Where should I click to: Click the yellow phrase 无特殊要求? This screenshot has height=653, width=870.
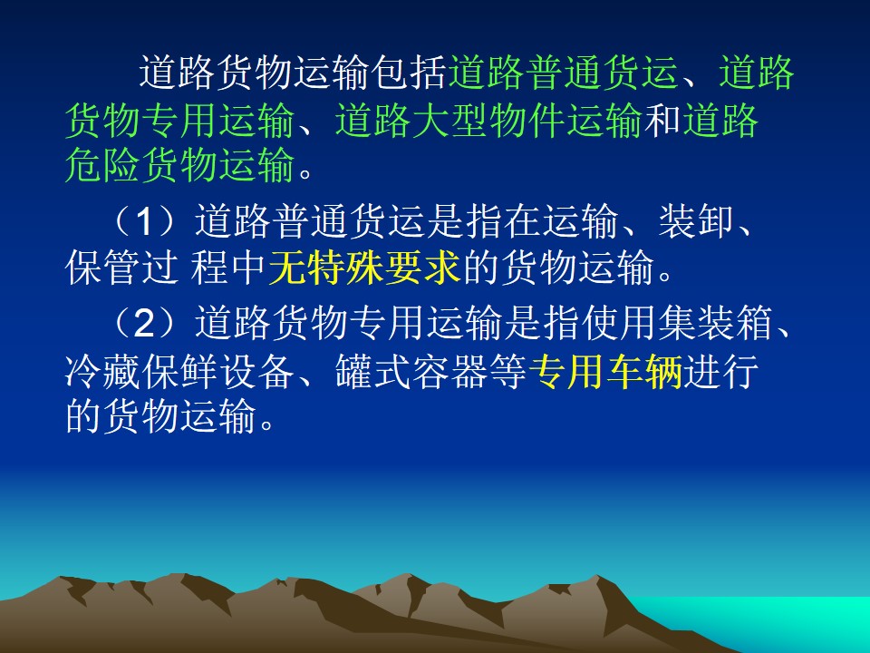365,268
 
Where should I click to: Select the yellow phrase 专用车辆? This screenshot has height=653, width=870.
605,371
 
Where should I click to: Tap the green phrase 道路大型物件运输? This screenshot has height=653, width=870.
488,120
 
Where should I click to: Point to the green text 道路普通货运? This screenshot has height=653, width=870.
563,73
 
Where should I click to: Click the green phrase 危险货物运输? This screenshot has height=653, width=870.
179,165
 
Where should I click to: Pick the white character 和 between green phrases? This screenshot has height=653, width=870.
662,120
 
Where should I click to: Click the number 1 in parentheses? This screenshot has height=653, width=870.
144,221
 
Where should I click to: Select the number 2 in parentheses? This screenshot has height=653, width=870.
144,324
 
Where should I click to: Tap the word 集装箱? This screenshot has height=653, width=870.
716,324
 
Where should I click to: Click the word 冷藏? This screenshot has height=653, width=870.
102,371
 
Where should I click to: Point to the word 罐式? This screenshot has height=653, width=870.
372,371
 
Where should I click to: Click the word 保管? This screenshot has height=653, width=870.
102,268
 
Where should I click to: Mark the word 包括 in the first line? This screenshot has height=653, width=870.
410,73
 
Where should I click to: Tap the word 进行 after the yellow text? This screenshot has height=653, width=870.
720,371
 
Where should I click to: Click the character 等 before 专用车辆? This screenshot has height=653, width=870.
508,371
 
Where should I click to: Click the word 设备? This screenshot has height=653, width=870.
256,371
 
